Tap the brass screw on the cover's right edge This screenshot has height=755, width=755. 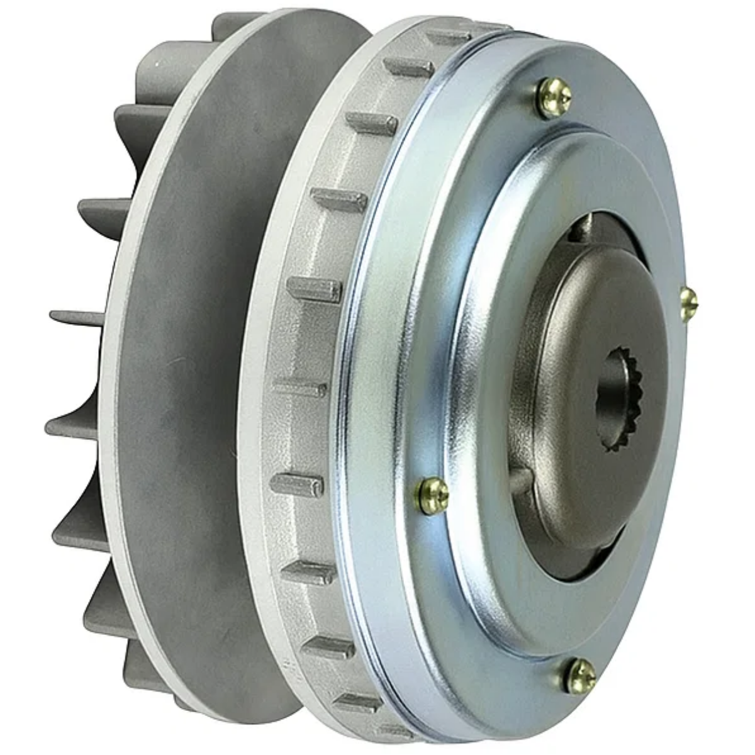click(x=689, y=302)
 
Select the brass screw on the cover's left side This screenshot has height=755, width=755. click(x=433, y=495)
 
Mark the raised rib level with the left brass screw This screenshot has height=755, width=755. click(x=296, y=484)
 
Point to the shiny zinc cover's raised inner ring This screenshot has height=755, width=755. click(x=478, y=352)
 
